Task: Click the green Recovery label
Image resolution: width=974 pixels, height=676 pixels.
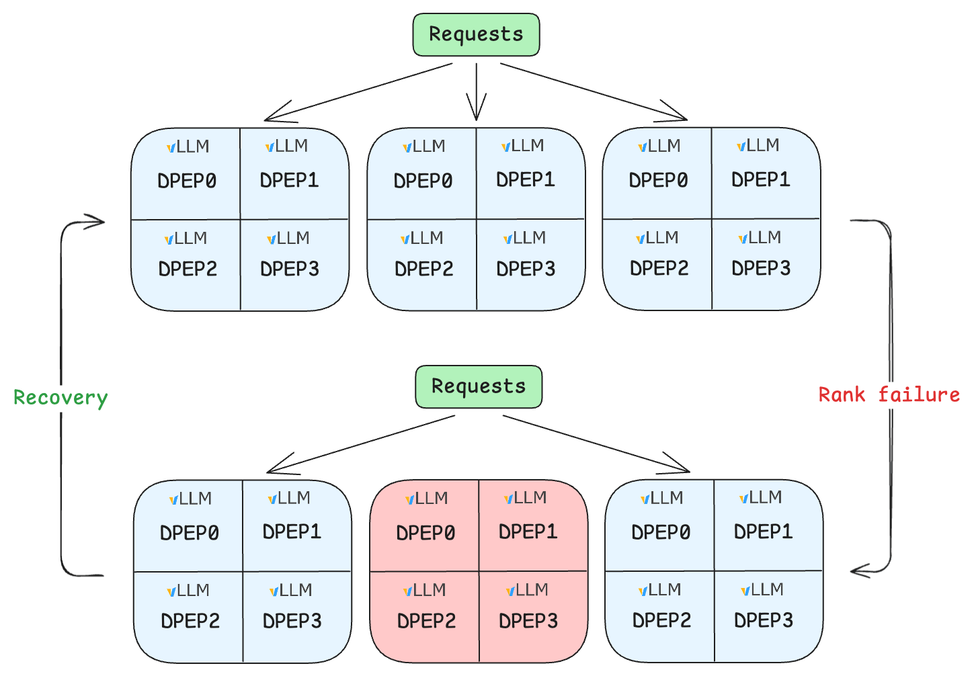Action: pyautogui.click(x=60, y=398)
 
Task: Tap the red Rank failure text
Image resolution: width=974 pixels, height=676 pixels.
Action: pyautogui.click(x=889, y=394)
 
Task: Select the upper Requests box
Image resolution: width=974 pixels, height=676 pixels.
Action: pyautogui.click(x=476, y=34)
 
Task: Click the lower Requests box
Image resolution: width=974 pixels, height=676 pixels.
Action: pyautogui.click(x=479, y=386)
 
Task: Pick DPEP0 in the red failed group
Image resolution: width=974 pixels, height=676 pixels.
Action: pyautogui.click(x=425, y=533)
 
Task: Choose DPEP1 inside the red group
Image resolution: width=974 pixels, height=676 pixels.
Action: pyautogui.click(x=528, y=532)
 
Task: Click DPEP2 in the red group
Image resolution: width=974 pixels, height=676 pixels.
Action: pyautogui.click(x=426, y=621)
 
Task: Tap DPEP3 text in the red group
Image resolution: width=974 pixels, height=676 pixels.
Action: pyautogui.click(x=528, y=621)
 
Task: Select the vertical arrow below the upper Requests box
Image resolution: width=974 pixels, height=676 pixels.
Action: pyautogui.click(x=476, y=91)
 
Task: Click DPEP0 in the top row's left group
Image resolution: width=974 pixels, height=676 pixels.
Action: pyautogui.click(x=187, y=181)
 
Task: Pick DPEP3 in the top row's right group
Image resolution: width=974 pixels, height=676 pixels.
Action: pyautogui.click(x=761, y=268)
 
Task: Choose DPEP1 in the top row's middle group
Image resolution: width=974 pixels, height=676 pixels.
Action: pyautogui.click(x=526, y=180)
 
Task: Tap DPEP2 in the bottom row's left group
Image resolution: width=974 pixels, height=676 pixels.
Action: pyautogui.click(x=190, y=621)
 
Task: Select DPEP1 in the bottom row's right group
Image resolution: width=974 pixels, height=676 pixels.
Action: pyautogui.click(x=763, y=532)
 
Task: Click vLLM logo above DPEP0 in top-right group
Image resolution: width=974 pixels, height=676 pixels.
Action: pyautogui.click(x=659, y=146)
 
